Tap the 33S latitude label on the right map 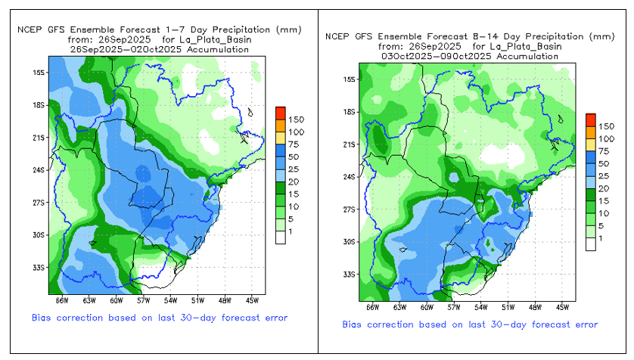click(350, 275)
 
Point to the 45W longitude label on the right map click(563, 308)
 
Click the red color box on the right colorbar click(590, 119)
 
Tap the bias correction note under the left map click(160, 317)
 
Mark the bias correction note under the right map click(469, 324)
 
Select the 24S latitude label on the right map click(350, 177)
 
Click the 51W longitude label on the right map click(508, 308)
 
